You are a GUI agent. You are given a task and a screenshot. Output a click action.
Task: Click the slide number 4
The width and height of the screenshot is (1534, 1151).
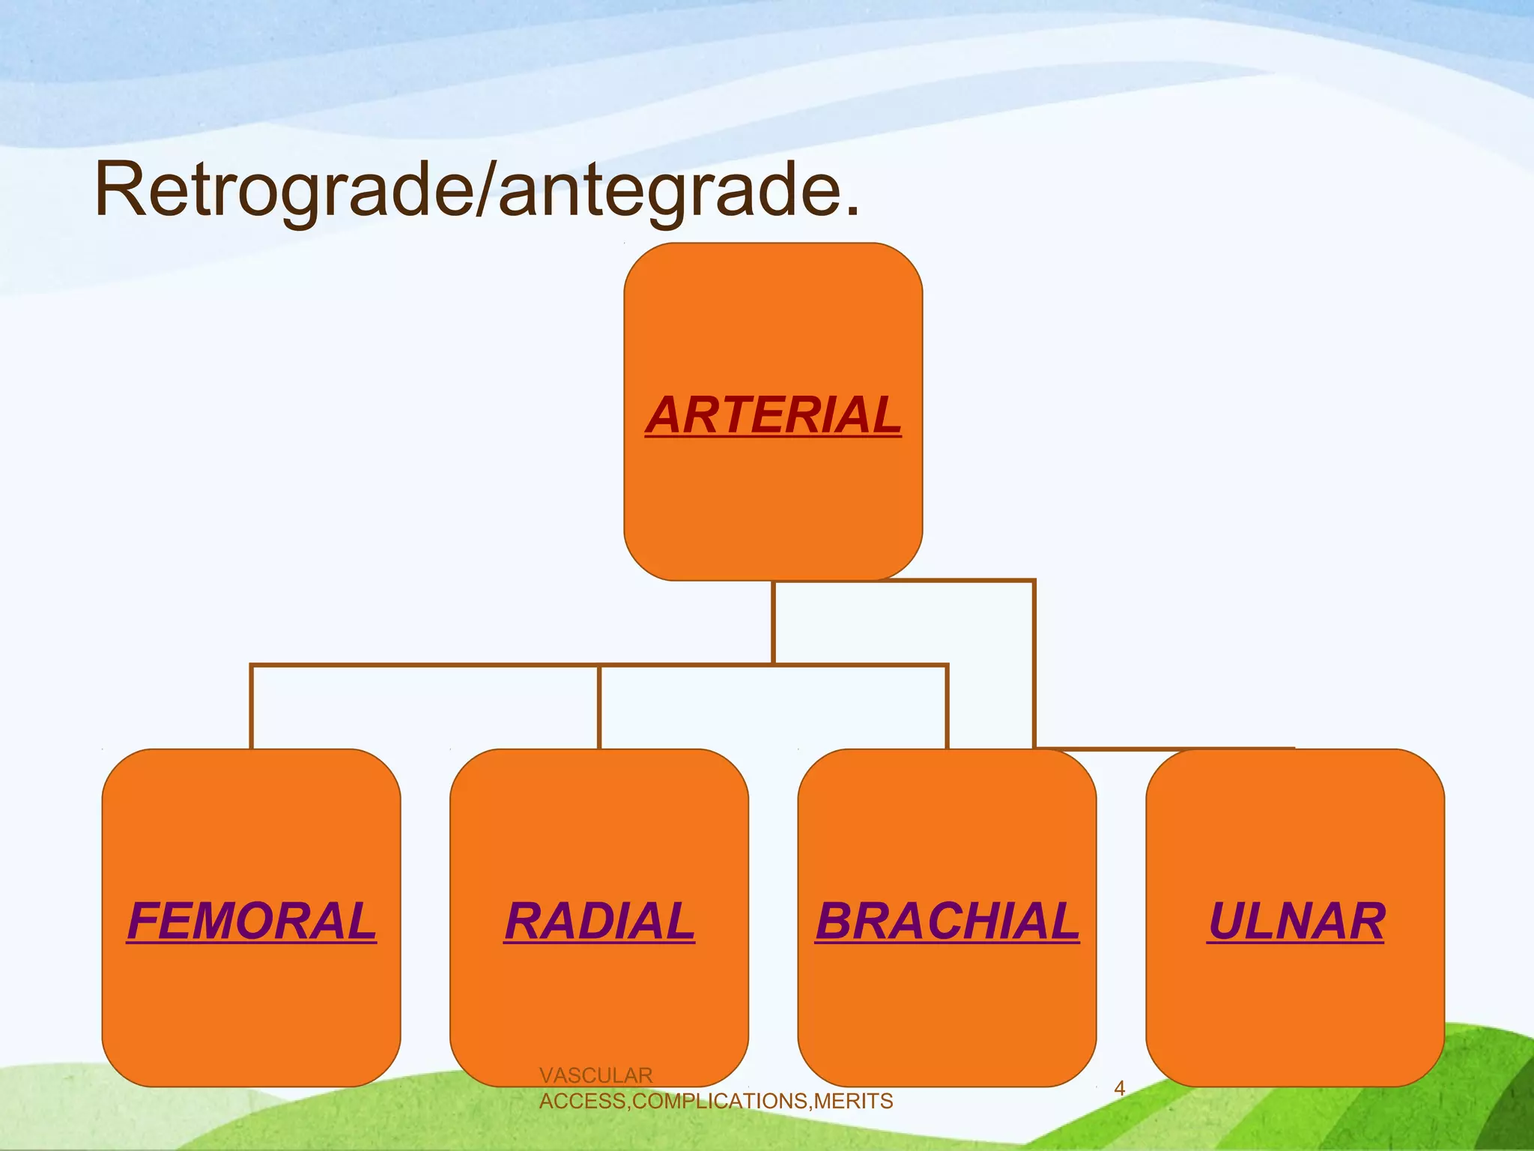(1120, 1088)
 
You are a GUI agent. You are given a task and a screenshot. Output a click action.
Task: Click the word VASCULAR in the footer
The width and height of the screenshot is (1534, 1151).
(595, 1075)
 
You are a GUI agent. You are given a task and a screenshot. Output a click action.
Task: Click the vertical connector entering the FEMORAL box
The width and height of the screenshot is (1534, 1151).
(252, 708)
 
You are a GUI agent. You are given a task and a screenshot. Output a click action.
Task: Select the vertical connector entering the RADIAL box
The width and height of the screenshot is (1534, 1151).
(599, 708)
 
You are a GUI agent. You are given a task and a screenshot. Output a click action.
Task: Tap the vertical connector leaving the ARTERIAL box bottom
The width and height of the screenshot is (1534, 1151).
(773, 622)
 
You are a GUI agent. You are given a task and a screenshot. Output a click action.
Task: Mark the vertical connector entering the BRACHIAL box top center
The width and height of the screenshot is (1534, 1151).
(947, 708)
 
